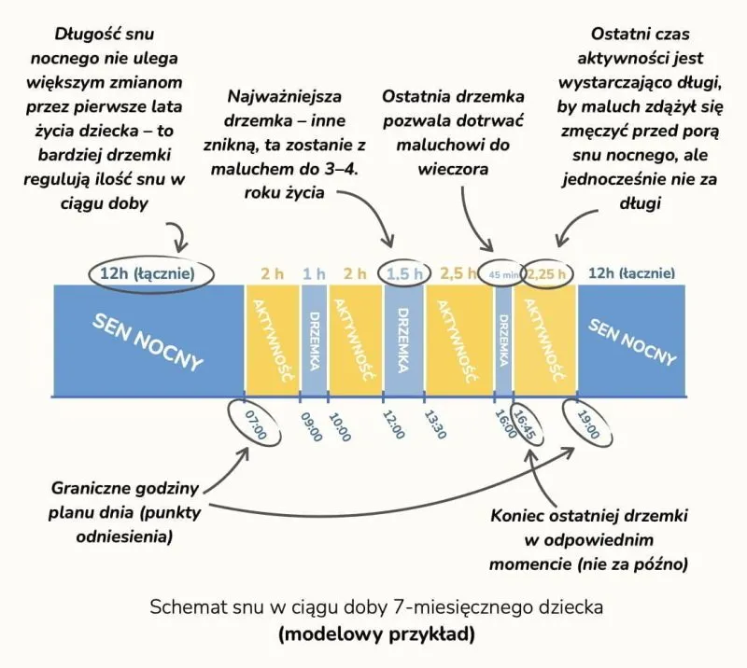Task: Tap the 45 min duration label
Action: point(502,274)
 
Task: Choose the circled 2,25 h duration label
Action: point(546,274)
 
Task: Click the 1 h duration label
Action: point(314,273)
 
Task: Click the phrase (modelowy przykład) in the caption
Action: point(376,635)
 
